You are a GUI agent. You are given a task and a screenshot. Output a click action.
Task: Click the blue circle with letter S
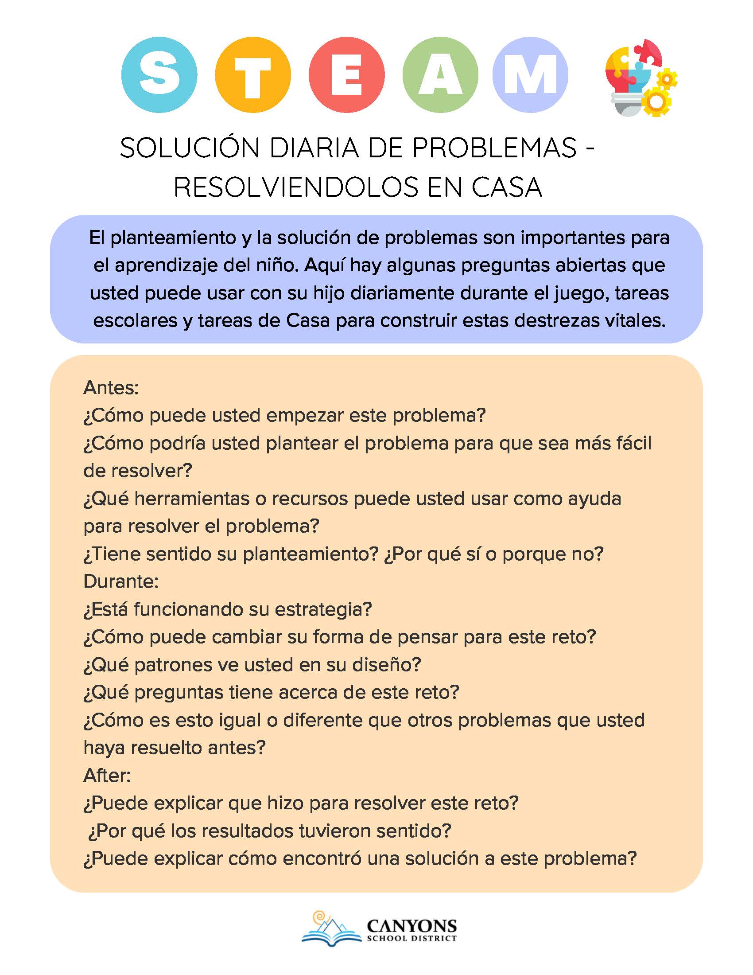(159, 74)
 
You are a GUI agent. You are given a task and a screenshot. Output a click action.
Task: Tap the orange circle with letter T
(252, 74)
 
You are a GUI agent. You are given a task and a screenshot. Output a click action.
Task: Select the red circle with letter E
(346, 74)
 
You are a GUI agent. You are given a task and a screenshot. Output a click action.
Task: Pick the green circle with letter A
(440, 74)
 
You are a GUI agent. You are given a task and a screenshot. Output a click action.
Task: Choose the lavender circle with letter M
(530, 74)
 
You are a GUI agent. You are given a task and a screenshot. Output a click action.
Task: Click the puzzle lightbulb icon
(640, 78)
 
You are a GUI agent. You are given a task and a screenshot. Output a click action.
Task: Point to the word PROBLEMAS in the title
(494, 148)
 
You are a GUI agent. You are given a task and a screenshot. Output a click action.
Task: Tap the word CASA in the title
(507, 187)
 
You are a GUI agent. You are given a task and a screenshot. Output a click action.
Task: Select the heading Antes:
(111, 387)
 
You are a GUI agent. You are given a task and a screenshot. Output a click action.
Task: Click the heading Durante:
(121, 581)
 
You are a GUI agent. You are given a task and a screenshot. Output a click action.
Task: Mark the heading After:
(107, 776)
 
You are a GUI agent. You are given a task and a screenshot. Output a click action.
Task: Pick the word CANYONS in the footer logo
(411, 925)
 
